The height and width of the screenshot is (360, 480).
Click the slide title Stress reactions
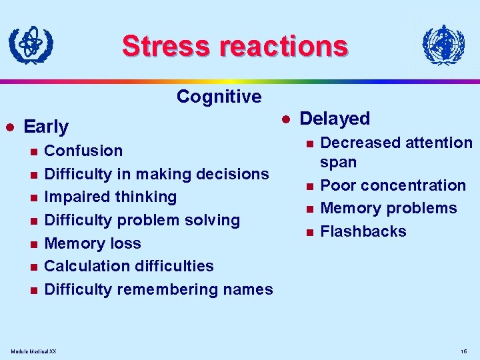click(x=235, y=46)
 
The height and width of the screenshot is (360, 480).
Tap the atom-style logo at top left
click(x=31, y=45)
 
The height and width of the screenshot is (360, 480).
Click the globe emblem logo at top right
click(x=443, y=46)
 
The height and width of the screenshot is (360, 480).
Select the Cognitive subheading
click(x=219, y=97)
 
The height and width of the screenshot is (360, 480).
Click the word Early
click(x=46, y=127)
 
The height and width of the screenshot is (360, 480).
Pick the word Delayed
click(x=335, y=119)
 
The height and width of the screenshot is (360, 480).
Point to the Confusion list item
click(x=83, y=151)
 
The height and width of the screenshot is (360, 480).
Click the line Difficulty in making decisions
click(x=156, y=174)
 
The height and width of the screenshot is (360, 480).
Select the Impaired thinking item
click(x=110, y=197)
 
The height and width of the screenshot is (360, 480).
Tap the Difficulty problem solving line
click(x=141, y=220)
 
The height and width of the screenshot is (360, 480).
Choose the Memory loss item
click(x=92, y=243)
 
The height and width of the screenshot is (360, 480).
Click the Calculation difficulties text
click(x=129, y=266)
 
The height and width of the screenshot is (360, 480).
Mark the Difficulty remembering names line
click(x=158, y=289)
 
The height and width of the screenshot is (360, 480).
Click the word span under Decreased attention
click(x=338, y=163)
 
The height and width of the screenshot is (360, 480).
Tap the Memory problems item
click(x=389, y=208)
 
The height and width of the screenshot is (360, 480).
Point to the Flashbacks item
click(x=363, y=231)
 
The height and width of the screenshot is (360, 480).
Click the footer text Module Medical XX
click(x=34, y=351)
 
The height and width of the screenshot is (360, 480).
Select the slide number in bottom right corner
click(x=463, y=351)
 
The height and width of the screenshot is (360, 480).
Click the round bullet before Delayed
click(x=285, y=119)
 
